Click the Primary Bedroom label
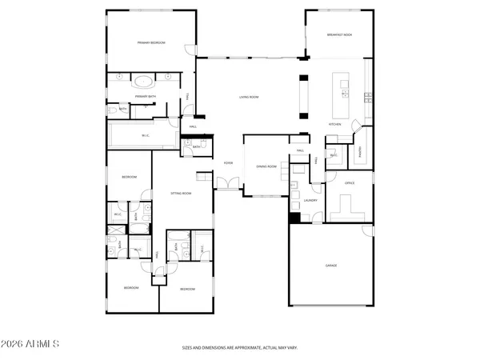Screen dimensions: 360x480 tap(150, 42)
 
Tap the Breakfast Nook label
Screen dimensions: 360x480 tap(338, 35)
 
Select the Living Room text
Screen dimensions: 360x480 tap(249, 97)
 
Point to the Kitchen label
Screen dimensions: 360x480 tap(336, 125)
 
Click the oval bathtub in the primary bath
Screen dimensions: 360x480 tap(143, 81)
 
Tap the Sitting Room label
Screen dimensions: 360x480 tap(181, 193)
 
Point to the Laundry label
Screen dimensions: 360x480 tap(311, 201)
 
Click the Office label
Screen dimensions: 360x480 tap(349, 183)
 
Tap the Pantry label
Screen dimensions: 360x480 tap(360, 151)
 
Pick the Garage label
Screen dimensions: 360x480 tap(330, 264)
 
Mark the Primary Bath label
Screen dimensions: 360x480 tap(145, 96)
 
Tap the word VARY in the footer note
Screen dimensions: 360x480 tap(293, 349)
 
